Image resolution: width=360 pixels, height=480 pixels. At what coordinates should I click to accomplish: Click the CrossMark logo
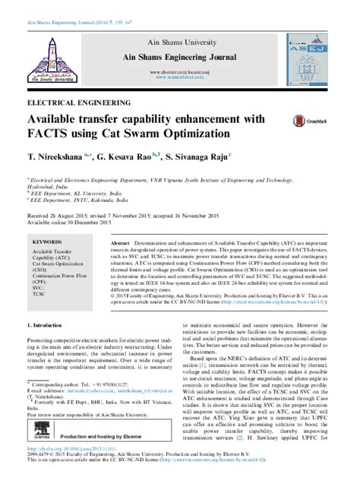click(300, 118)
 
